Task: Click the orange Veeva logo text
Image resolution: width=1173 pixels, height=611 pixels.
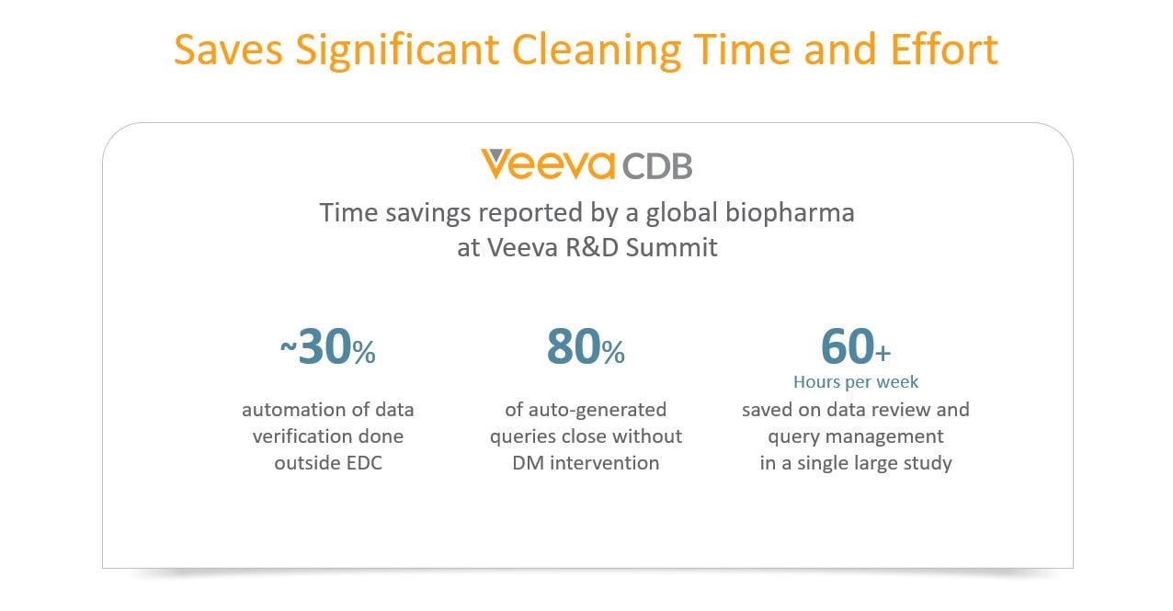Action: pyautogui.click(x=548, y=165)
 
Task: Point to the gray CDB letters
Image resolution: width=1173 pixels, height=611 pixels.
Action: pyautogui.click(x=657, y=166)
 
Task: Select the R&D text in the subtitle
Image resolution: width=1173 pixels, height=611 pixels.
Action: pyautogui.click(x=597, y=247)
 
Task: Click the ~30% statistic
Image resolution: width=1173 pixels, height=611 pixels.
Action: pyautogui.click(x=327, y=348)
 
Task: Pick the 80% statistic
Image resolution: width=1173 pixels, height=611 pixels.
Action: pyautogui.click(x=586, y=348)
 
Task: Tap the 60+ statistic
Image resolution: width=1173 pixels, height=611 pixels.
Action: pyautogui.click(x=855, y=346)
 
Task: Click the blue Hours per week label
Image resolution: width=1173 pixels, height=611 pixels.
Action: pyautogui.click(x=856, y=381)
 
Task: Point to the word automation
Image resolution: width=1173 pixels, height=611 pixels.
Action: pyautogui.click(x=287, y=410)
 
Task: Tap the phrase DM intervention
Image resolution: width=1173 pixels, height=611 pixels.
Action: pyautogui.click(x=586, y=463)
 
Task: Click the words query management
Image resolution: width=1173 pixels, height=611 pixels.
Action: pyautogui.click(x=856, y=436)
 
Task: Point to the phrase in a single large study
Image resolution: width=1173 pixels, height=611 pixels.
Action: pyautogui.click(x=856, y=463)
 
